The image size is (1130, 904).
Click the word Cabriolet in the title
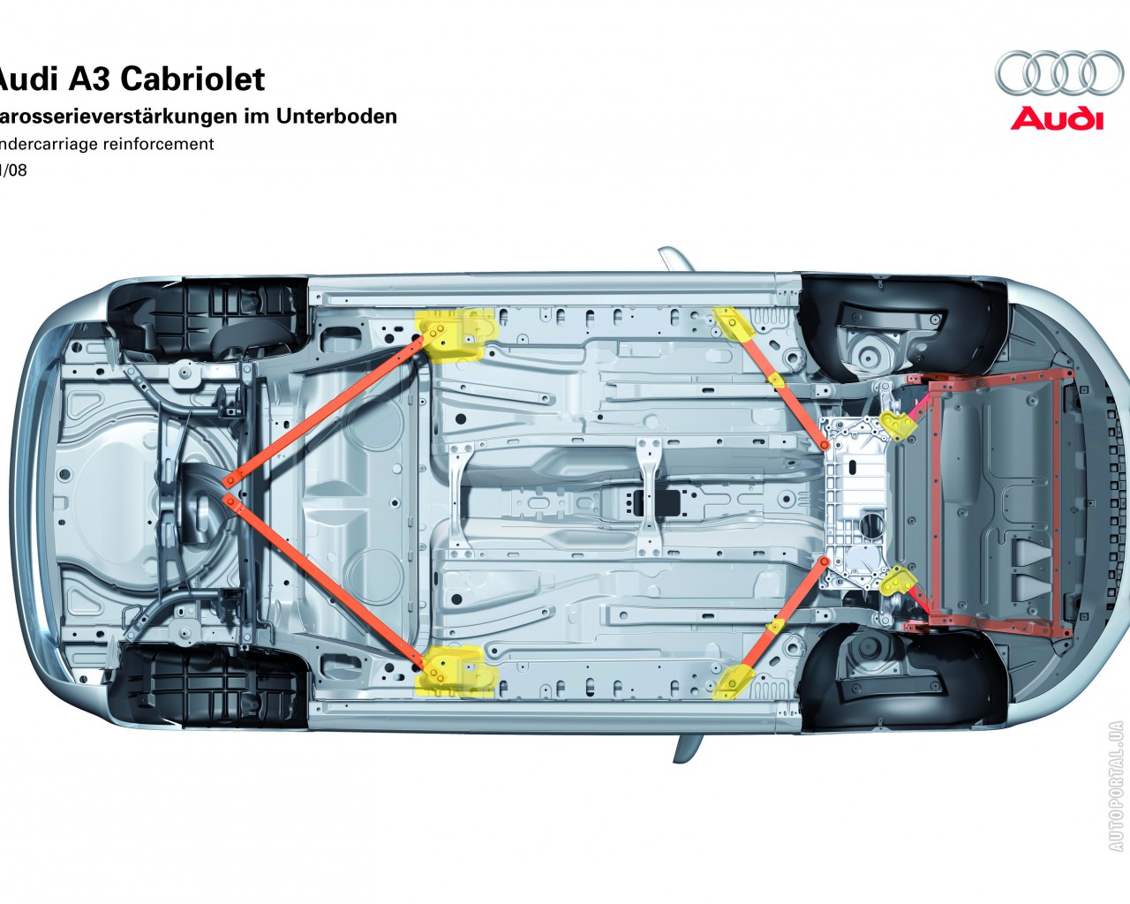pos(192,79)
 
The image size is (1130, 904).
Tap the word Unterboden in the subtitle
pos(336,116)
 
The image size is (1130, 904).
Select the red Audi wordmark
pos(1057,119)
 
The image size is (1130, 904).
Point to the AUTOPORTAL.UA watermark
pos(1116,787)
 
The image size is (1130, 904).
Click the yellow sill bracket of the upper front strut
pos(734,324)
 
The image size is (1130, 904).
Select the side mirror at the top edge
pos(677,260)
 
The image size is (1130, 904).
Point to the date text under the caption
pos(13,170)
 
